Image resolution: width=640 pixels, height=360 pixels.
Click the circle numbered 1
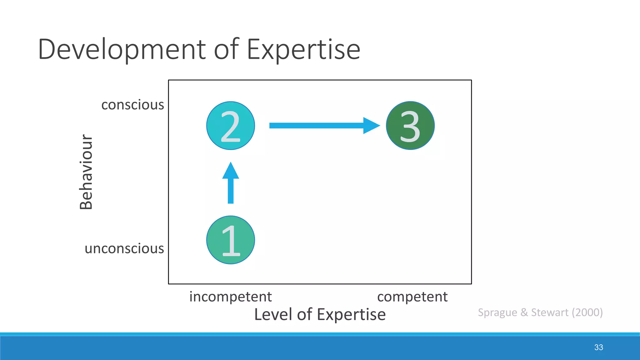pos(231,240)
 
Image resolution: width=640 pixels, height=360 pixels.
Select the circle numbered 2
pos(231,126)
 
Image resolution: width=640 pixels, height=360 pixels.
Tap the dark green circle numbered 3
pos(410,126)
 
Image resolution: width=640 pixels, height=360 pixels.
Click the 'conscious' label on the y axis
pos(132,105)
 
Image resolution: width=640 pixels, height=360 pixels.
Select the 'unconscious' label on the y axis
pos(124,248)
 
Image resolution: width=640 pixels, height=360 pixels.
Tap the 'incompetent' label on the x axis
pos(230,297)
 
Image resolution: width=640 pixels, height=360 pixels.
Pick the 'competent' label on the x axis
pos(412,297)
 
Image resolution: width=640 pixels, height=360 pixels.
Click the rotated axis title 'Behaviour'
pos(86,172)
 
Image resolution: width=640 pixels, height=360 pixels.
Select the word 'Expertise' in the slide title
pos(303,49)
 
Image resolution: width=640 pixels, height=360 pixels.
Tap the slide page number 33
pos(598,347)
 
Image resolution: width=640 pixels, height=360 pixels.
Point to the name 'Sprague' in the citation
pos(497,312)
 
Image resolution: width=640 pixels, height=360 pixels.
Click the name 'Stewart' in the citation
pos(550,312)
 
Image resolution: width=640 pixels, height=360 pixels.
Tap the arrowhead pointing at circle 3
pos(371,126)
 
